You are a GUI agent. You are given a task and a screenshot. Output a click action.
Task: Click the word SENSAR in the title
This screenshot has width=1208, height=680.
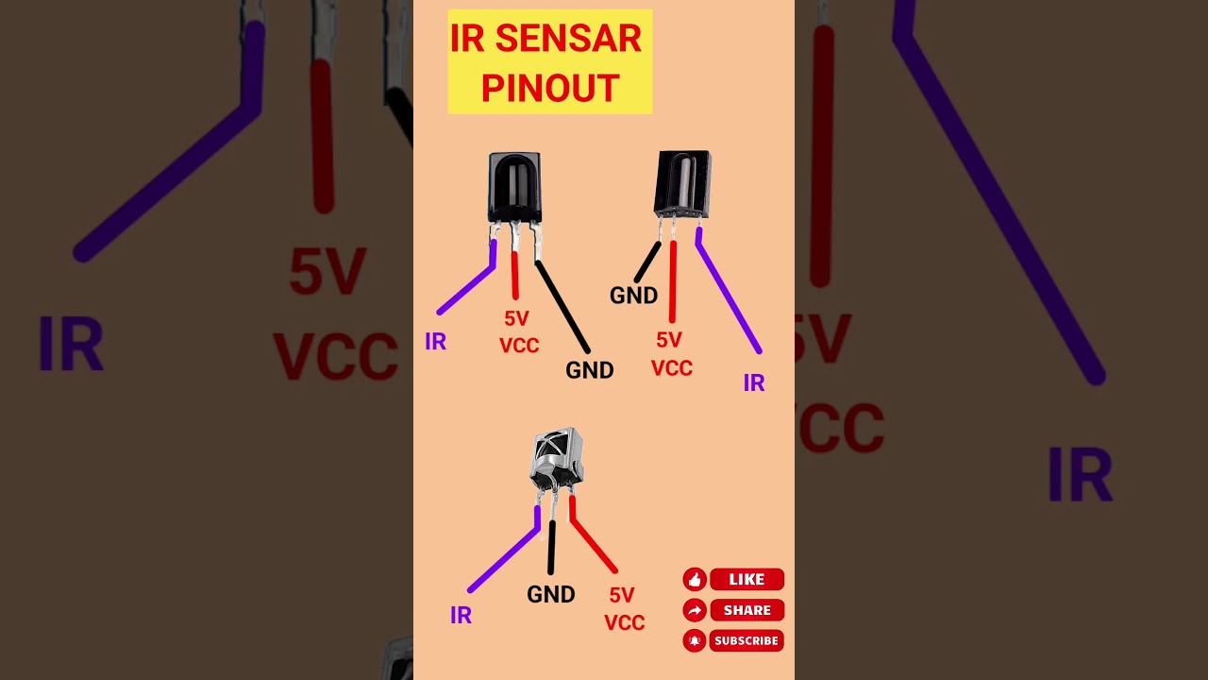568,39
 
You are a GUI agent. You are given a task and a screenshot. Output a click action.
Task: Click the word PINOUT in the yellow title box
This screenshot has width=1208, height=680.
549,88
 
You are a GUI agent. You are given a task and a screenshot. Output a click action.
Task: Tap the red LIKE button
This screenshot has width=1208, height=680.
746,580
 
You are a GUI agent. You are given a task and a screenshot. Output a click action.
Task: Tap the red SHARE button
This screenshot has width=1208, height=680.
746,610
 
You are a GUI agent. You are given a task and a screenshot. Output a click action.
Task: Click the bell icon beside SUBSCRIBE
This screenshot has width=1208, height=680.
695,641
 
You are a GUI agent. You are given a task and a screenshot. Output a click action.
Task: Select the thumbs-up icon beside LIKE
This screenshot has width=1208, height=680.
695,580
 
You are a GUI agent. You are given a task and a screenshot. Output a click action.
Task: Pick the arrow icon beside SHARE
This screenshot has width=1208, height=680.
695,610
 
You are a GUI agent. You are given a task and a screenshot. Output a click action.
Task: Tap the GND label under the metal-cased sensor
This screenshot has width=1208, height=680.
551,595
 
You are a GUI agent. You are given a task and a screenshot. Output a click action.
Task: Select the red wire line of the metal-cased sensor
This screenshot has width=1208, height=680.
592,543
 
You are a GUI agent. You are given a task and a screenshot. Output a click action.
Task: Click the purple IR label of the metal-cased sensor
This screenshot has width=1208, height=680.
461,616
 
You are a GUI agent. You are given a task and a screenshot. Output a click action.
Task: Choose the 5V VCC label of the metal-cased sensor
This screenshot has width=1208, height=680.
624,609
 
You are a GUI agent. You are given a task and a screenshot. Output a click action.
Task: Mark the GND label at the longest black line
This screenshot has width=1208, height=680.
590,371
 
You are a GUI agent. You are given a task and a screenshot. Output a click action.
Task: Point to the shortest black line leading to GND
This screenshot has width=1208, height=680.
647,262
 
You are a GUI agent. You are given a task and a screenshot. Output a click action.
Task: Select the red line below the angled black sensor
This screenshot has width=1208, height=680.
673,281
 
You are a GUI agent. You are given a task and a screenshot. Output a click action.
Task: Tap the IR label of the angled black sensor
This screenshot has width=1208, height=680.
753,383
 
